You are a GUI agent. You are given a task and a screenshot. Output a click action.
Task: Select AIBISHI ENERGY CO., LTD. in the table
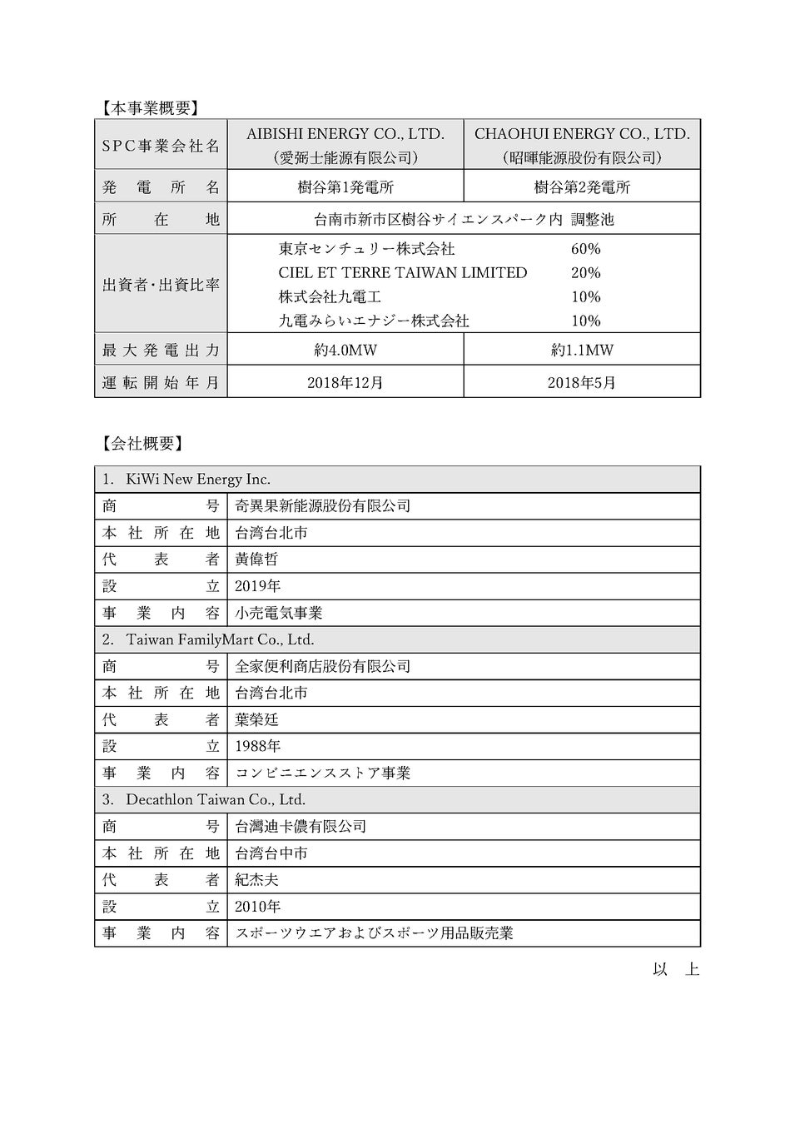pyautogui.click(x=345, y=134)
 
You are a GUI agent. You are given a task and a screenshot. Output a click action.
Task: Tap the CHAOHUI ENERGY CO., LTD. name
pyautogui.click(x=582, y=134)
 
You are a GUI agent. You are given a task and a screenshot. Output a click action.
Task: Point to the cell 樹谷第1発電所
pyautogui.click(x=345, y=187)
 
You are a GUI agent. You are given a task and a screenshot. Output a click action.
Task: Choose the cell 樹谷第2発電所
pyautogui.click(x=582, y=187)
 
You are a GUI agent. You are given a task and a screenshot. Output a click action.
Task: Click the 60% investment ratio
pyautogui.click(x=585, y=249)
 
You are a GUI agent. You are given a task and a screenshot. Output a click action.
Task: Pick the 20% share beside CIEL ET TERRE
pyautogui.click(x=585, y=273)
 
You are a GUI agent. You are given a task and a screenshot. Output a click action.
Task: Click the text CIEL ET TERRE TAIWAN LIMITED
pyautogui.click(x=402, y=273)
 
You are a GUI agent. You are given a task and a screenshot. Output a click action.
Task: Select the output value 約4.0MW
pyautogui.click(x=345, y=350)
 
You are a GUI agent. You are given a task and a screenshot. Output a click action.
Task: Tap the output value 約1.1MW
pyautogui.click(x=582, y=350)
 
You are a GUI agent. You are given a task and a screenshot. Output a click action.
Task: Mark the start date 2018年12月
pyautogui.click(x=345, y=383)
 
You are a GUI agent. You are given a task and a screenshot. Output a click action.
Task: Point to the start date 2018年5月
pyautogui.click(x=582, y=383)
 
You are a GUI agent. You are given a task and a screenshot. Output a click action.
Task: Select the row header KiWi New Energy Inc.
pyautogui.click(x=198, y=480)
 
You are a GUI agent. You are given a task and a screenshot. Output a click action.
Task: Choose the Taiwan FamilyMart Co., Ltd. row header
pyautogui.click(x=220, y=640)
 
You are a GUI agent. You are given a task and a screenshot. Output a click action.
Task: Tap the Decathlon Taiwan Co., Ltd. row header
pyautogui.click(x=216, y=800)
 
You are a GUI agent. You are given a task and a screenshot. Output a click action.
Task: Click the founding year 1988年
pyautogui.click(x=258, y=747)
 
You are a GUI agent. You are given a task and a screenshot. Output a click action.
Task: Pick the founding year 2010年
pyautogui.click(x=258, y=907)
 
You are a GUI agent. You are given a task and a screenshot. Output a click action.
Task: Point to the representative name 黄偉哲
pyautogui.click(x=256, y=560)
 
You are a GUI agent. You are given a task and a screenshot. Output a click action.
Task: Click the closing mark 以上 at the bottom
pyautogui.click(x=676, y=970)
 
